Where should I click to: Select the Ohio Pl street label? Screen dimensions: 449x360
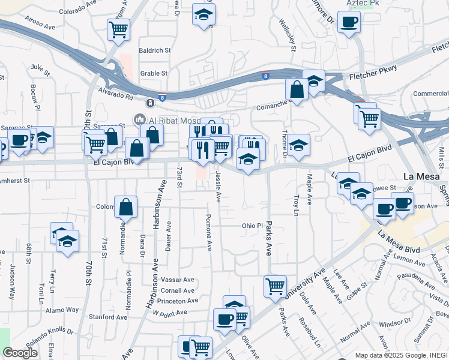click(253, 226)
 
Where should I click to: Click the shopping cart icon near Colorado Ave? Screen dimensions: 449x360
click(119, 29)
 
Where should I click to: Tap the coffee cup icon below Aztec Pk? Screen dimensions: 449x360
click(349, 23)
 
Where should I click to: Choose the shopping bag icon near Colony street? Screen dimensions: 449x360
click(126, 208)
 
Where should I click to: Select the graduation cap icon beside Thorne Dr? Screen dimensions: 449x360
click(298, 145)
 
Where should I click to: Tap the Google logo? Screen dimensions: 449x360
click(20, 353)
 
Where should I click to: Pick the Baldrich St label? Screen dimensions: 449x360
click(155, 50)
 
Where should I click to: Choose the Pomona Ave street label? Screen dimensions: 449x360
click(209, 232)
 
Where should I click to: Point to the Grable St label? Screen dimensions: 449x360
click(154, 74)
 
